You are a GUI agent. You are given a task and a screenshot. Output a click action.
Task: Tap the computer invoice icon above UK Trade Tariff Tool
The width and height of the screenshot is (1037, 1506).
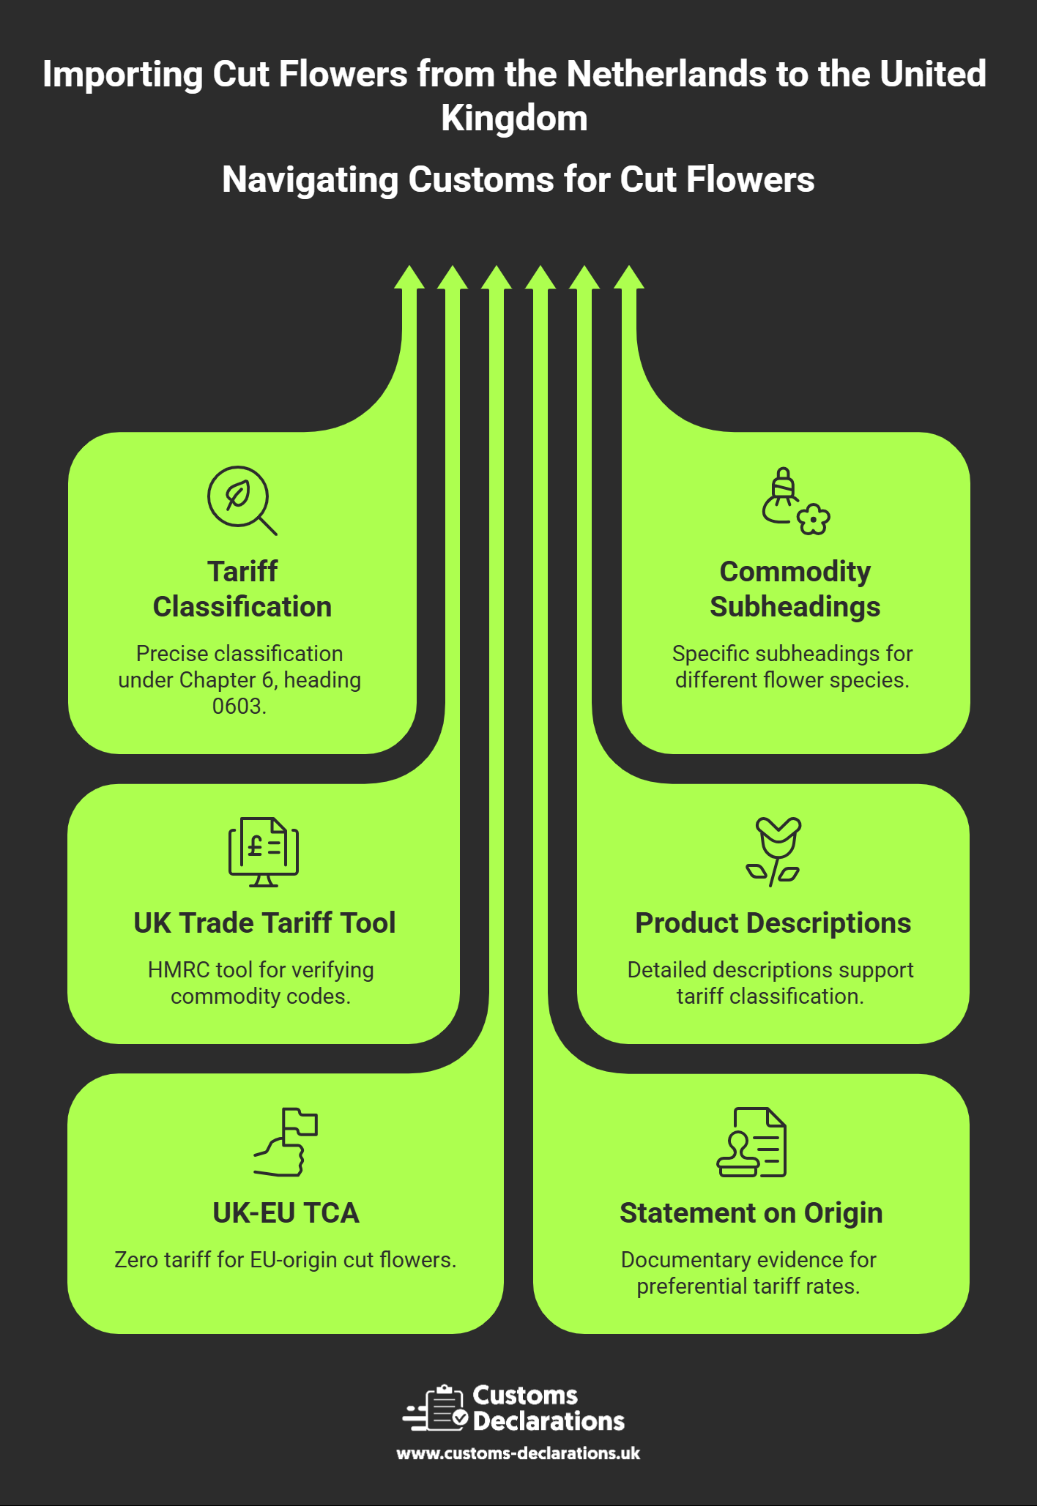[x=264, y=851]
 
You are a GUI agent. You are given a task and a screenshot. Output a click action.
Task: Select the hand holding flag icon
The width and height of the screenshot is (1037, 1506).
[x=286, y=1142]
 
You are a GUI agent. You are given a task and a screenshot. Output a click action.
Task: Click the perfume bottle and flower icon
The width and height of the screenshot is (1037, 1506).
[x=795, y=502]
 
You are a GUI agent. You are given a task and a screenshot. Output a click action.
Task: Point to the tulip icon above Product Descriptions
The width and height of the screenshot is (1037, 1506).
[x=775, y=851]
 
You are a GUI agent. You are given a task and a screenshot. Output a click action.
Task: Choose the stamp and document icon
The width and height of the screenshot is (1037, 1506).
[x=751, y=1142]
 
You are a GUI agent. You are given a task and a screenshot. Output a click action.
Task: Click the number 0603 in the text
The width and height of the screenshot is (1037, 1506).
[x=238, y=707]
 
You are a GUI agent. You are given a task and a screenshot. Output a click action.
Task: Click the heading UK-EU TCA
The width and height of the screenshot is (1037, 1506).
[x=286, y=1213]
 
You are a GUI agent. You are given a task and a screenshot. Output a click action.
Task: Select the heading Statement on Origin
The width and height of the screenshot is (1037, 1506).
[x=751, y=1213]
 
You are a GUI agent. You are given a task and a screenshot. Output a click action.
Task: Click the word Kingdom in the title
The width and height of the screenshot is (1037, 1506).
[x=514, y=119]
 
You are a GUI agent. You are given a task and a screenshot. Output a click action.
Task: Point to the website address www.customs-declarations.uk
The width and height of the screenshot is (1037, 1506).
[x=518, y=1453]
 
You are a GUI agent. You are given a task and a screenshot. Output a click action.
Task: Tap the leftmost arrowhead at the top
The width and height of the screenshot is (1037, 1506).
[x=409, y=278]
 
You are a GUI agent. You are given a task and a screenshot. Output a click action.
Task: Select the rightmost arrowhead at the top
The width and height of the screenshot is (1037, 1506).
[x=628, y=278]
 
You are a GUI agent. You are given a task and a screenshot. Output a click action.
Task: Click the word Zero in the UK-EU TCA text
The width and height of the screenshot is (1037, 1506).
[x=136, y=1260]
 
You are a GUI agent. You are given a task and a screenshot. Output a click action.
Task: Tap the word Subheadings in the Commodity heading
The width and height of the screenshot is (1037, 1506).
[x=795, y=607]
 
